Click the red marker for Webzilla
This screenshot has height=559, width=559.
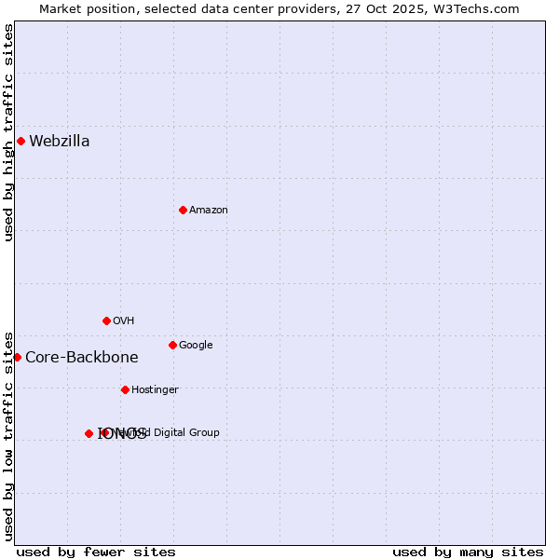tap(20, 141)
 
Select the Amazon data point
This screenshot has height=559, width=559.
tap(183, 210)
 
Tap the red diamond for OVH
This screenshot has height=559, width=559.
tap(106, 320)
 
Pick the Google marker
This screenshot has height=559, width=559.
tap(172, 345)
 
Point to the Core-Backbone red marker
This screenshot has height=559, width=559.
tap(17, 357)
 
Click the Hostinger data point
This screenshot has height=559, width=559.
tap(125, 389)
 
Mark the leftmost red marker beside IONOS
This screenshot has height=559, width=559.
tap(89, 433)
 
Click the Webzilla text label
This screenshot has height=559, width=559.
tap(60, 142)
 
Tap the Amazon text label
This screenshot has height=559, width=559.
tap(209, 211)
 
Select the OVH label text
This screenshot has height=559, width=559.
tap(124, 321)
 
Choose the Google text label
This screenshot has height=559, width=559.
tap(196, 346)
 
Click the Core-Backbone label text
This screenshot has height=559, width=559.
tap(82, 358)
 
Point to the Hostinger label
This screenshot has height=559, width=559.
tap(155, 390)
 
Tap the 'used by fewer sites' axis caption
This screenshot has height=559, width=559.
tap(96, 552)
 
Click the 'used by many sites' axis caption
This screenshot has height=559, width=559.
tap(468, 552)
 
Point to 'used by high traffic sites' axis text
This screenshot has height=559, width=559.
tap(9, 132)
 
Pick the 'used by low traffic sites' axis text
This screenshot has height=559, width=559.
tap(9, 435)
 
